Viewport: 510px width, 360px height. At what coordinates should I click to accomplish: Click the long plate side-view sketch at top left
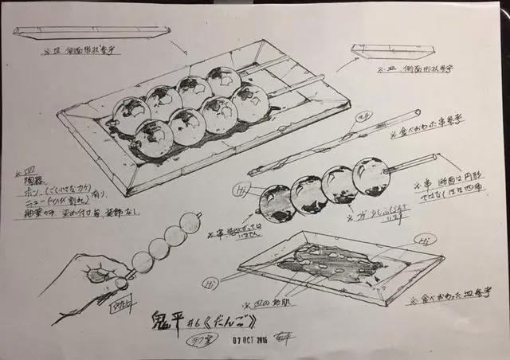point(92,33)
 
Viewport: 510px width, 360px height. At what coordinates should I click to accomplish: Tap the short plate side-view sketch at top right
point(381,51)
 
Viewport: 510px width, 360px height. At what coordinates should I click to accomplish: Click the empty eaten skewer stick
point(335,143)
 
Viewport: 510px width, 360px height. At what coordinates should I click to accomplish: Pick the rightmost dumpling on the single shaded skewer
point(371,176)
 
